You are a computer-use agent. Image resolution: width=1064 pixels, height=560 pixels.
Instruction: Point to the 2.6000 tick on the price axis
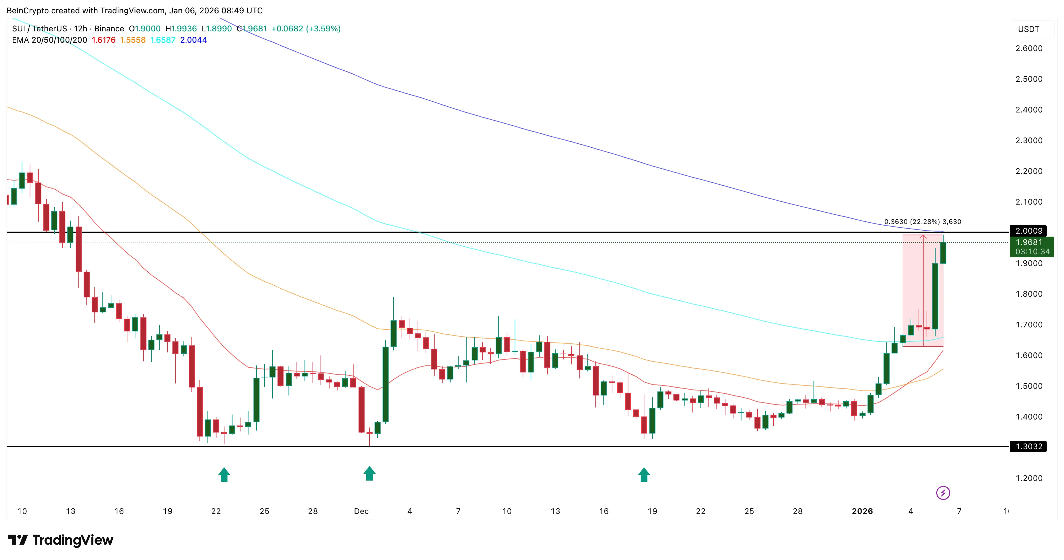click(x=1029, y=48)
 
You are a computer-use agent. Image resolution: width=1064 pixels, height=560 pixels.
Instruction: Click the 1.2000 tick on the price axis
click(x=1029, y=478)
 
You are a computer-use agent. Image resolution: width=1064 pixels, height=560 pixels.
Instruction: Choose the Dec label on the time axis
click(x=361, y=511)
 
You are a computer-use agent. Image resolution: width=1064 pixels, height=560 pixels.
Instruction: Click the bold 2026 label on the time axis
click(x=862, y=511)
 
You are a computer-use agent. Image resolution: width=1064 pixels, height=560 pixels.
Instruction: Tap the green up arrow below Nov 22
click(x=224, y=475)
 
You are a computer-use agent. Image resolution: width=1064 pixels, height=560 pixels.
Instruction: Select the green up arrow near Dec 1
click(x=369, y=474)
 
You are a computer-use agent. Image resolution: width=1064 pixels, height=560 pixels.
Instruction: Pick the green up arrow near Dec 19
click(x=643, y=475)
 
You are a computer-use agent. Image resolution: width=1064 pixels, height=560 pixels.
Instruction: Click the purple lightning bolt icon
click(x=943, y=493)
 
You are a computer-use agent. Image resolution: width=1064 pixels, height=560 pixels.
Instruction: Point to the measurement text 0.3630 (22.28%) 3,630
click(x=922, y=222)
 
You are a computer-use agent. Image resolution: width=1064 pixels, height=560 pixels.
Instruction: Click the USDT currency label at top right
click(x=1028, y=29)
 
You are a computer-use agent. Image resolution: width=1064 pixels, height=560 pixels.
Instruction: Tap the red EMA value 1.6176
click(x=103, y=40)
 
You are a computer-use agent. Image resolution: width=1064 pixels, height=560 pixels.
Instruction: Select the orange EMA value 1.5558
click(x=133, y=40)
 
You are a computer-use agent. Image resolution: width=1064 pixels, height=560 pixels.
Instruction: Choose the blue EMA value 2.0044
click(x=193, y=40)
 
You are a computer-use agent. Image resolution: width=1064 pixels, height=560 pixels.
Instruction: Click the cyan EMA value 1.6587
click(x=163, y=40)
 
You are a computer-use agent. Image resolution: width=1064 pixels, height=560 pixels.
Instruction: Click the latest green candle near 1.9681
click(x=943, y=253)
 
